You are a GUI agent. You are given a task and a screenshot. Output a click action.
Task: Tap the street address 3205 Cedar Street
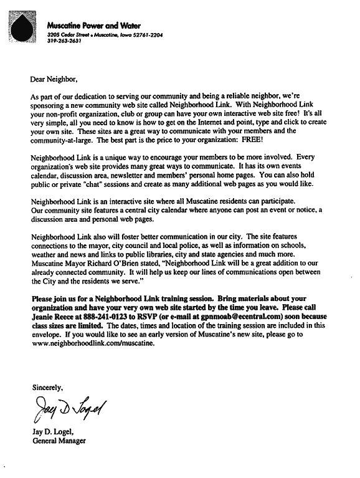click(x=69, y=36)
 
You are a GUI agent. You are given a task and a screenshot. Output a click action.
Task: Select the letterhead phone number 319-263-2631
click(x=64, y=42)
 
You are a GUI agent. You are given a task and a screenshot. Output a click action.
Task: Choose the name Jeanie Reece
click(x=54, y=316)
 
